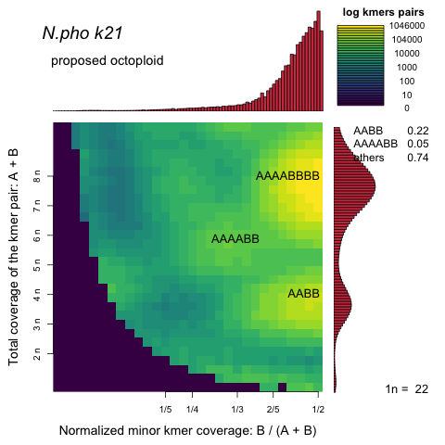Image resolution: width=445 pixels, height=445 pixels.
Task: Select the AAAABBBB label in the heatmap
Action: coord(287,175)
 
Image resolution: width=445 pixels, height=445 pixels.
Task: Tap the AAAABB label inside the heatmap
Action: coord(235,238)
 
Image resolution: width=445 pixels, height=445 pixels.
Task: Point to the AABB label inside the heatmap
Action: coord(303,293)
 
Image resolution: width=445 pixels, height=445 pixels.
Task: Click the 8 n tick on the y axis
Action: coord(37,174)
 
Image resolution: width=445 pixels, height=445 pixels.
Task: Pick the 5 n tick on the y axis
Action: coord(37,265)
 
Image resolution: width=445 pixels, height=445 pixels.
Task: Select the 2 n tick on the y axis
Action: coord(37,355)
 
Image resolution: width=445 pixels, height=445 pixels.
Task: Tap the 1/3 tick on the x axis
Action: coord(236,408)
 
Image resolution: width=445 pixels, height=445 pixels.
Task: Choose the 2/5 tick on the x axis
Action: coord(273,408)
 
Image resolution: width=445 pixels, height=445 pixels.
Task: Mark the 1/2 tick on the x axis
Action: coord(317,408)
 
